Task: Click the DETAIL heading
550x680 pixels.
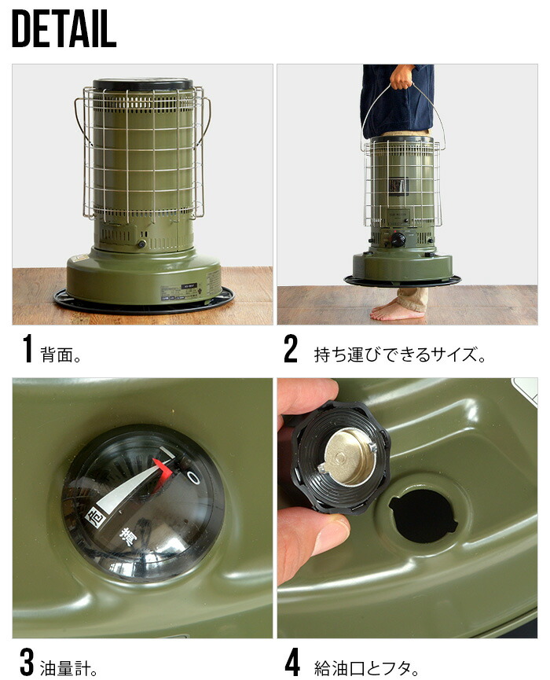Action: click(64, 31)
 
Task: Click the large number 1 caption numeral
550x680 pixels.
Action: click(27, 349)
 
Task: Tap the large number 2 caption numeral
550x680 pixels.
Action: click(291, 349)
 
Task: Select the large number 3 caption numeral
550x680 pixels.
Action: click(27, 663)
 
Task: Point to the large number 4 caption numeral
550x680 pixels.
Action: click(291, 663)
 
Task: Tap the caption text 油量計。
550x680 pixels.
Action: click(69, 667)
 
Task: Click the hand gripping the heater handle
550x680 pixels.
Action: click(401, 77)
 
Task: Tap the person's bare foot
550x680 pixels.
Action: click(396, 311)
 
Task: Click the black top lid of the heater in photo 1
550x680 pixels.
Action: click(143, 84)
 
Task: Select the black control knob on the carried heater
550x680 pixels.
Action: click(399, 239)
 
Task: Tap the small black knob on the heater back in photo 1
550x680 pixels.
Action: click(142, 244)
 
